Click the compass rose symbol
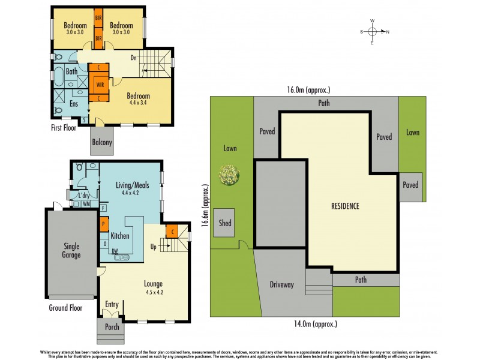click(x=372, y=32)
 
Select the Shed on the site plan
click(x=224, y=223)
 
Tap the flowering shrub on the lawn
click(x=229, y=175)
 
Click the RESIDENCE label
click(x=345, y=206)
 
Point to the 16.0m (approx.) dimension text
click(x=309, y=90)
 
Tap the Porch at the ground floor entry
click(x=112, y=328)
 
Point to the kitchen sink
click(x=122, y=257)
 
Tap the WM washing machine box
click(x=86, y=204)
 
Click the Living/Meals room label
click(x=131, y=186)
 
